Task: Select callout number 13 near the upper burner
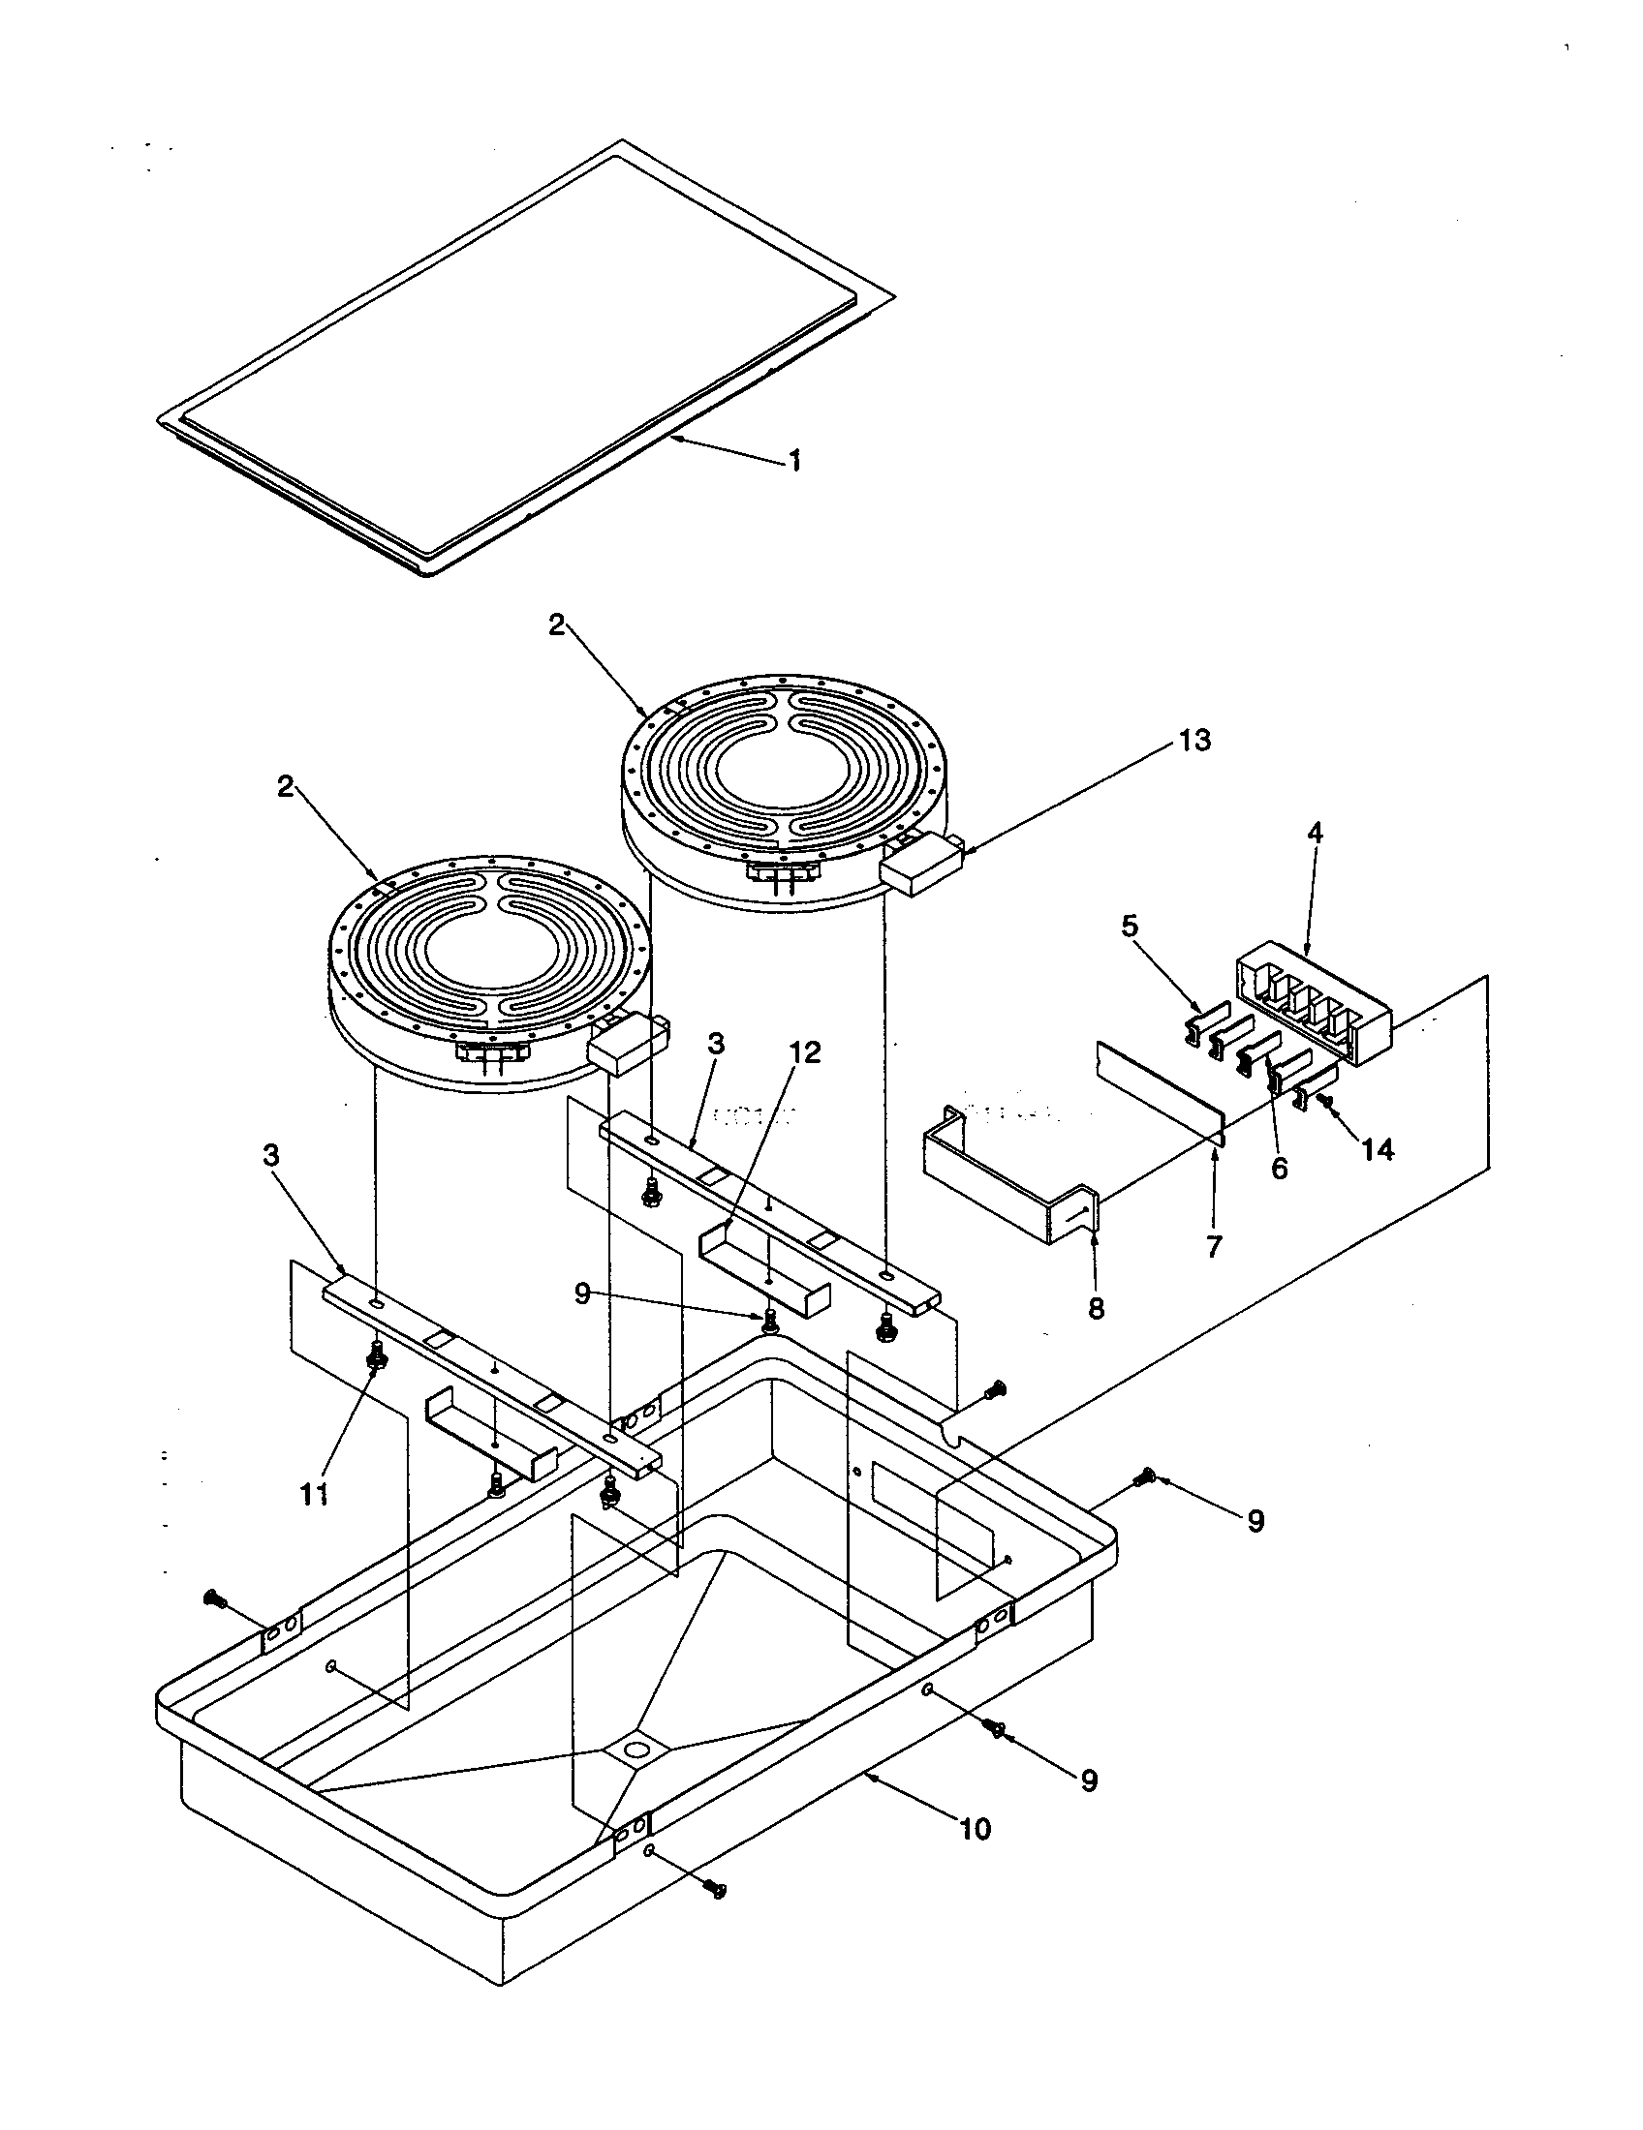(x=1194, y=742)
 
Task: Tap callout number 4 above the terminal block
(x=1316, y=834)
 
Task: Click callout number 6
(x=1279, y=1168)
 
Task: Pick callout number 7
(x=1214, y=1247)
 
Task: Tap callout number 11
(x=313, y=1493)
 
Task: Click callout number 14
(x=1379, y=1151)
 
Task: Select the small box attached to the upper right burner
(x=921, y=863)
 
